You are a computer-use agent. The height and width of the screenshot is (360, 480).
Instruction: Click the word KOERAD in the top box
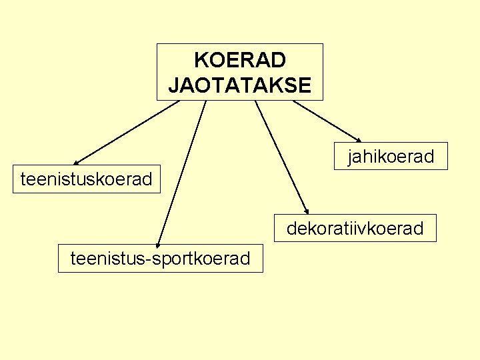[240, 60]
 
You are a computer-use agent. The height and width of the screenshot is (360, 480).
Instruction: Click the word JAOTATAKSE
[240, 85]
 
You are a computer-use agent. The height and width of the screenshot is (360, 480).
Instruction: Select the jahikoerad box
[391, 157]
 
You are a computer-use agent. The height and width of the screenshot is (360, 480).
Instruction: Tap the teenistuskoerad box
[87, 179]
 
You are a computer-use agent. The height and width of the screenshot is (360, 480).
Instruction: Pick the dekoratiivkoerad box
[355, 229]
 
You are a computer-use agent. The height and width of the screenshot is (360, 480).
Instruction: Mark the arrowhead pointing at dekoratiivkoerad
[306, 210]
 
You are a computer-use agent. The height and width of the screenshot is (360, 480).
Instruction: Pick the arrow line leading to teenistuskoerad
[127, 132]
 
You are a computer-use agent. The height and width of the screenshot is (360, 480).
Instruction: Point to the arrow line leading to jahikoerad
[325, 121]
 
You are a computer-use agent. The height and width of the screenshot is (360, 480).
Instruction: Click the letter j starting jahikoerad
[349, 157]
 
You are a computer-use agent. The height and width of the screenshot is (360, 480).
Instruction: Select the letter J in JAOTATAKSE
[173, 85]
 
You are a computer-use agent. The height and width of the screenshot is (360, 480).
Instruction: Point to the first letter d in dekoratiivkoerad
[291, 229]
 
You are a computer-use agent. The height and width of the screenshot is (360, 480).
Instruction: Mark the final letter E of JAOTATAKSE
[305, 85]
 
